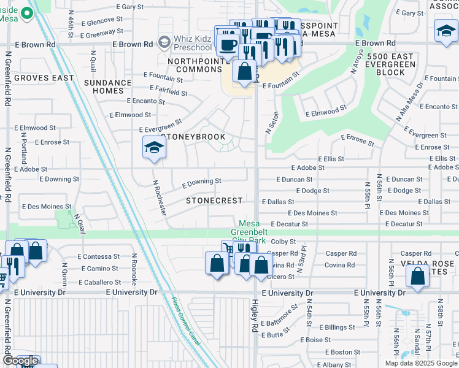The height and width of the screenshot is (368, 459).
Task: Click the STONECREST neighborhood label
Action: tap(214, 201)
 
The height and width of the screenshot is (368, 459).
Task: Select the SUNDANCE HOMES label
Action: tap(108, 86)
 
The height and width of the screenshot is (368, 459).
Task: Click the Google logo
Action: tap(20, 361)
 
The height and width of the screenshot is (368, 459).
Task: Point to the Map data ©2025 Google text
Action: tap(420, 363)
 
